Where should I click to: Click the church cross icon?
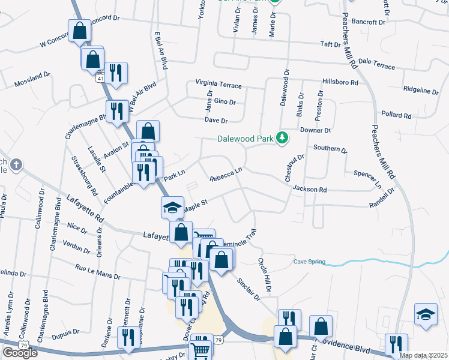[16, 164]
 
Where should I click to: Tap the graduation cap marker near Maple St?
[172, 208]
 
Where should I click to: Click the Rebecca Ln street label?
[226, 175]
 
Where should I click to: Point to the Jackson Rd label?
[309, 190]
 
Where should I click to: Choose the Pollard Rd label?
[396, 115]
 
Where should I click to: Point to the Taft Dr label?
[330, 44]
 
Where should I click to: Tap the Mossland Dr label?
[32, 79]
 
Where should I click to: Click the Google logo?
[20, 353]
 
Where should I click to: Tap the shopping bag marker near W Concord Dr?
[79, 30]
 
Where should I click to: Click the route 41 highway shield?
[100, 78]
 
